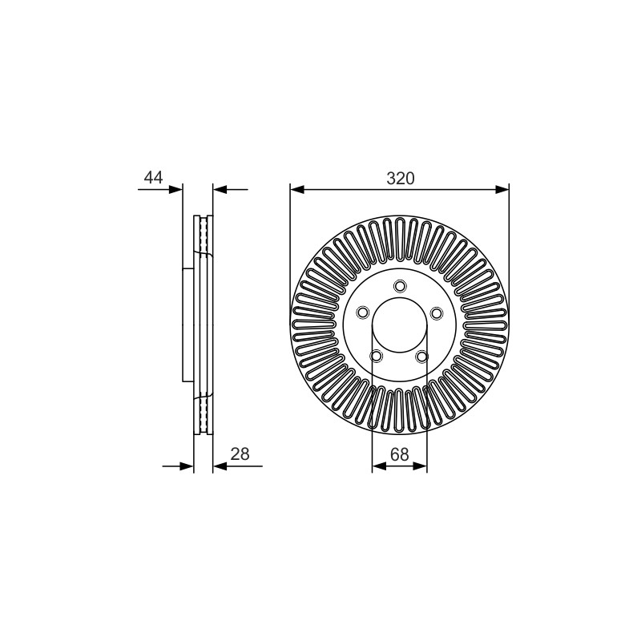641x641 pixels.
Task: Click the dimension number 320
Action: (x=400, y=178)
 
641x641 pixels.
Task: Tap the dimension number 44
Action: (x=153, y=177)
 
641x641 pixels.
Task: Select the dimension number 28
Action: (x=240, y=454)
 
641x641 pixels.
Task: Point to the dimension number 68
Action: (x=399, y=454)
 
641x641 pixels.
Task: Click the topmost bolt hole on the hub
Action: (x=400, y=285)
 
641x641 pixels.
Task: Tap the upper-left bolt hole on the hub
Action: (x=363, y=312)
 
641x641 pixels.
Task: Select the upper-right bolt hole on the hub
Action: (x=437, y=313)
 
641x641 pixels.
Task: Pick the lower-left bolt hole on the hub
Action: (x=376, y=356)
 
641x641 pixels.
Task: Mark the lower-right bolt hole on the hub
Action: (x=422, y=357)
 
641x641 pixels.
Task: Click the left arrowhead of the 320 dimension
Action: (x=297, y=189)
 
